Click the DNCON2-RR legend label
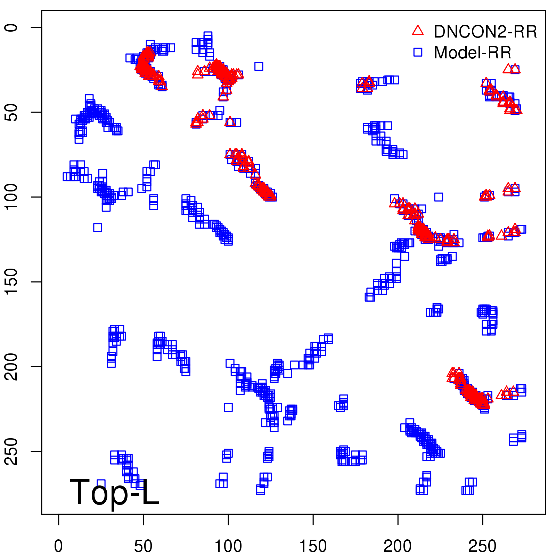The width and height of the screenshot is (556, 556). pos(485,32)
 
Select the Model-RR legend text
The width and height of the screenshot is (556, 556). pos(473,53)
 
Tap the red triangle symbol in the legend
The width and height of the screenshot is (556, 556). pos(418,31)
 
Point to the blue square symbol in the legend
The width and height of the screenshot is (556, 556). pos(418,52)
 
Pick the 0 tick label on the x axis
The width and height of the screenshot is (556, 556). pos(58,546)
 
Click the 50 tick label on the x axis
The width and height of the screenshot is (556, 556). pos(143,546)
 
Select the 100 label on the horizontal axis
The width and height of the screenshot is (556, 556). pos(228,546)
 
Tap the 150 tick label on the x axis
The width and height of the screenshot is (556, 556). pos(313,546)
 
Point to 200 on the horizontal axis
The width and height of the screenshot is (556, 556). pos(398,546)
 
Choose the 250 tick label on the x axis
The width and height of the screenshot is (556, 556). pos(482,546)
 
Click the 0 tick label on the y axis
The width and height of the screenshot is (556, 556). pos(12,27)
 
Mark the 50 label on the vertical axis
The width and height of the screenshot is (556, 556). pos(12,112)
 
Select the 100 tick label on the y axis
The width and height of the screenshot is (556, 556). pos(12,197)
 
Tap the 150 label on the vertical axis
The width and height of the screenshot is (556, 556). pos(12,282)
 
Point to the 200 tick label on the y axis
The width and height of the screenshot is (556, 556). pos(12,367)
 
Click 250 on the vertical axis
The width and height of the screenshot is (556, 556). pos(12,451)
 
